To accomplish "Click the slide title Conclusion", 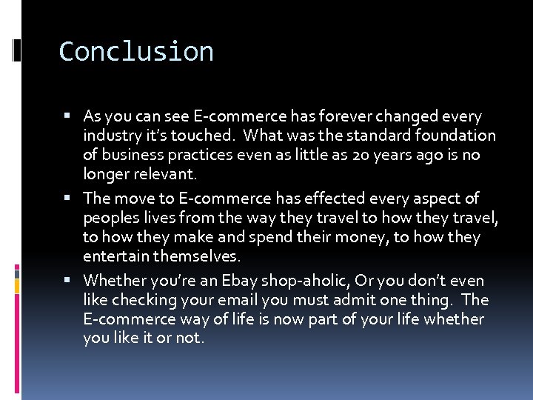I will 136,52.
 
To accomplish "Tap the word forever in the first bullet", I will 326,116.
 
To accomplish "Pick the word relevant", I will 165,174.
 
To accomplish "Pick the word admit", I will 366,300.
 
